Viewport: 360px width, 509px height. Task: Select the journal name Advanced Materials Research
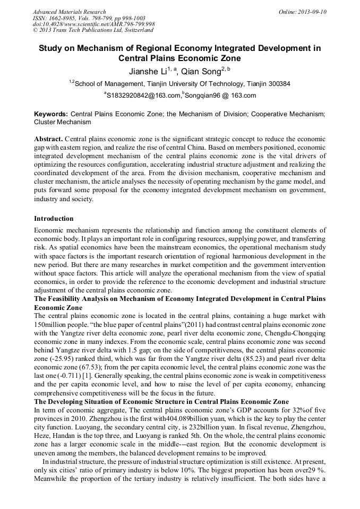click(x=70, y=12)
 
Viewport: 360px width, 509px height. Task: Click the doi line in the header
click(x=93, y=24)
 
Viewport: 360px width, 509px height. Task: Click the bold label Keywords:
click(x=51, y=114)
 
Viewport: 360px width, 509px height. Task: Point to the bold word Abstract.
click(x=48, y=138)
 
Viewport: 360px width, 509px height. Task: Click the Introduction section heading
click(x=54, y=219)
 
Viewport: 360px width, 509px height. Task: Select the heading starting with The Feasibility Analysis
click(x=179, y=299)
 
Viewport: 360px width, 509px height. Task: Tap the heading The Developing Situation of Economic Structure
click(x=161, y=402)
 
